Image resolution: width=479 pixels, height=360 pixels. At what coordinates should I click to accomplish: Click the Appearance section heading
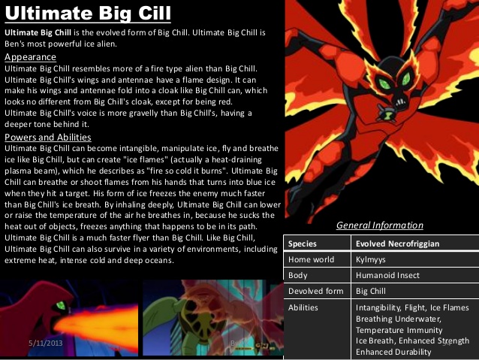tap(30, 57)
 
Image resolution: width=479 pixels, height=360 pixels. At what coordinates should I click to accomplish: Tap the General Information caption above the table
tap(379, 225)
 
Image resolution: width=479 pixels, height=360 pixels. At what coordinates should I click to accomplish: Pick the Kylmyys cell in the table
tap(371, 259)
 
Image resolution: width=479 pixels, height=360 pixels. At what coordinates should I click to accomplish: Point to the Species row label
tap(303, 244)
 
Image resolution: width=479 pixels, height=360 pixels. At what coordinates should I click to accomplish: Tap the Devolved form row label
tap(315, 291)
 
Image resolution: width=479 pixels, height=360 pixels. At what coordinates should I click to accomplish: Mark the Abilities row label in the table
tap(303, 307)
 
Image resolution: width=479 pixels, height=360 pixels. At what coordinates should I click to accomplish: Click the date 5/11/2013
tap(45, 342)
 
